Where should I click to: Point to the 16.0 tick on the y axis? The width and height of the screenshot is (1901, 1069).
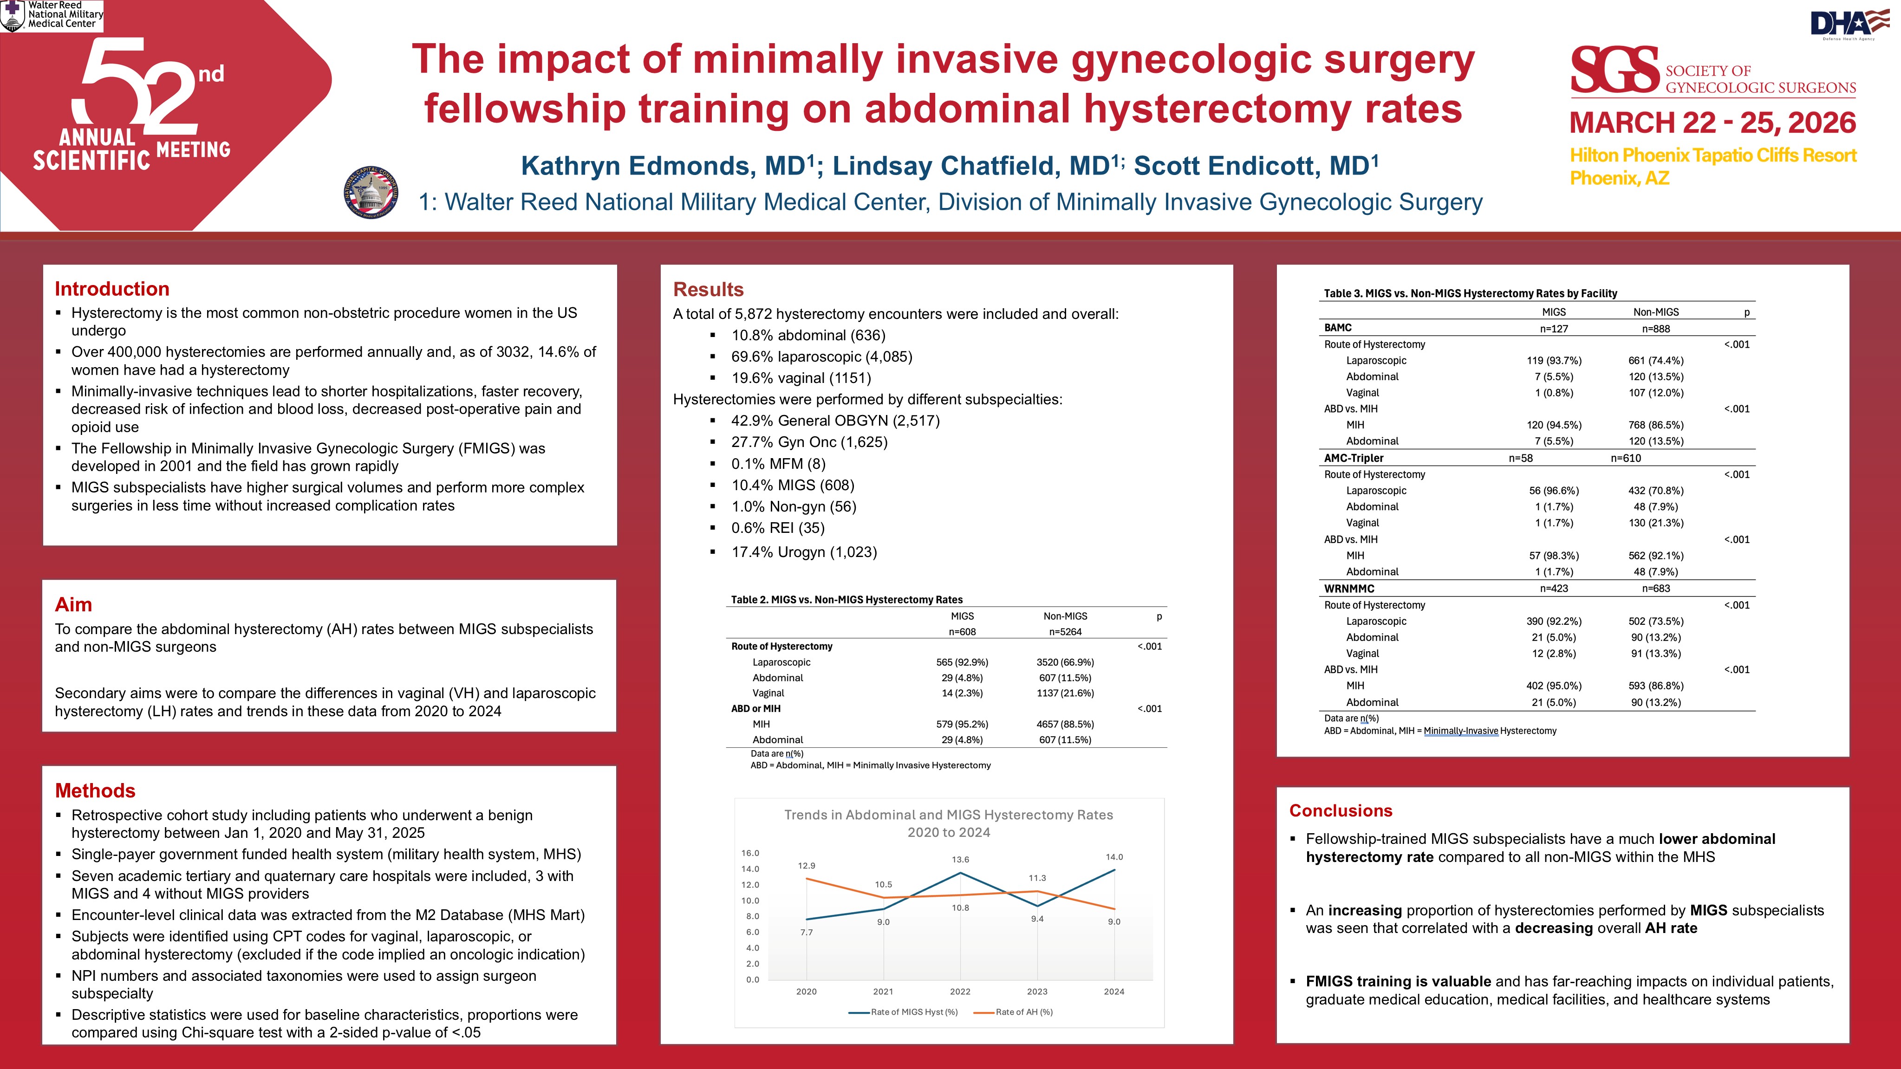[750, 853]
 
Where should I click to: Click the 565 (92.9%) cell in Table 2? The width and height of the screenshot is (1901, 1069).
[962, 662]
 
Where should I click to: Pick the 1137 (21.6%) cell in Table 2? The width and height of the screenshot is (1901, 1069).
[1065, 693]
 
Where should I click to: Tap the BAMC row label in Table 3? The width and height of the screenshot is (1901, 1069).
[1337, 328]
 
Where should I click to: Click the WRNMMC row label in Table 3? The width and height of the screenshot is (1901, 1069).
[1348, 588]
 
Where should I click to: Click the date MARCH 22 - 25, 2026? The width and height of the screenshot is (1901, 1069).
[1712, 123]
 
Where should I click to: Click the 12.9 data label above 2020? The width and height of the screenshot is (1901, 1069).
[806, 865]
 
